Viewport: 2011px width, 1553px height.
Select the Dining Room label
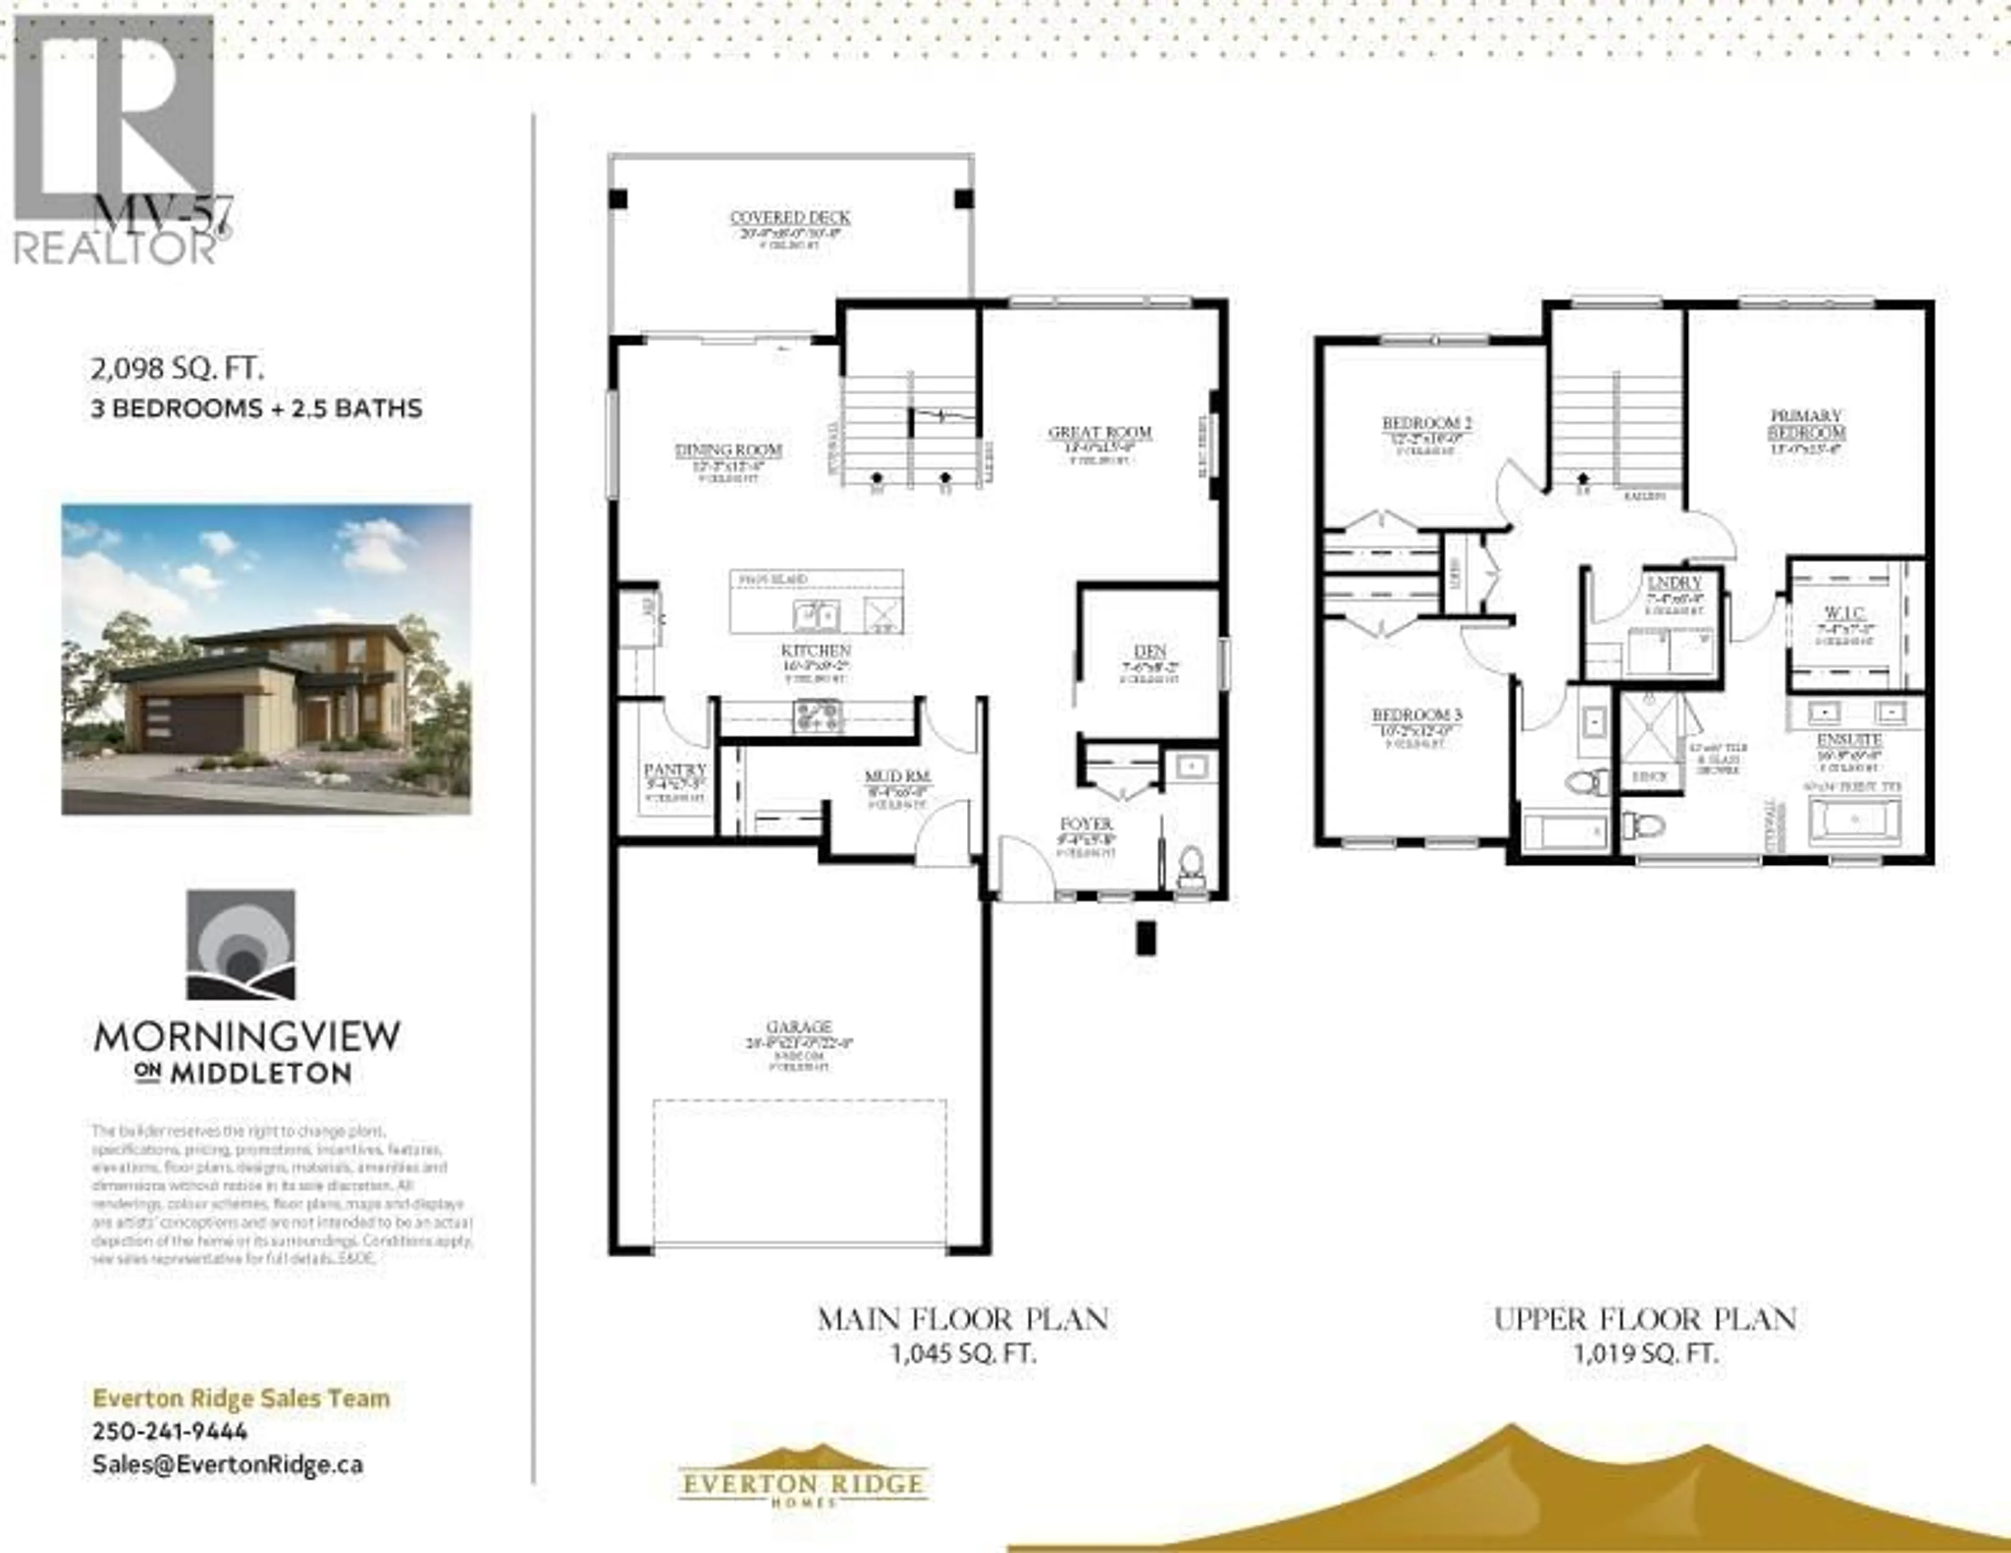[x=728, y=450]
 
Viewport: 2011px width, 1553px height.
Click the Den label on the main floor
[x=1150, y=651]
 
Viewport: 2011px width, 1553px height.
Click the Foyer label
[x=1087, y=824]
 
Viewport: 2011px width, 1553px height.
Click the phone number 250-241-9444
[x=170, y=1432]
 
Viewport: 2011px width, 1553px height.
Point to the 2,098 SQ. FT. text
[x=177, y=370]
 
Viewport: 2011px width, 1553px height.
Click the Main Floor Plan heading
[x=963, y=1319]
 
